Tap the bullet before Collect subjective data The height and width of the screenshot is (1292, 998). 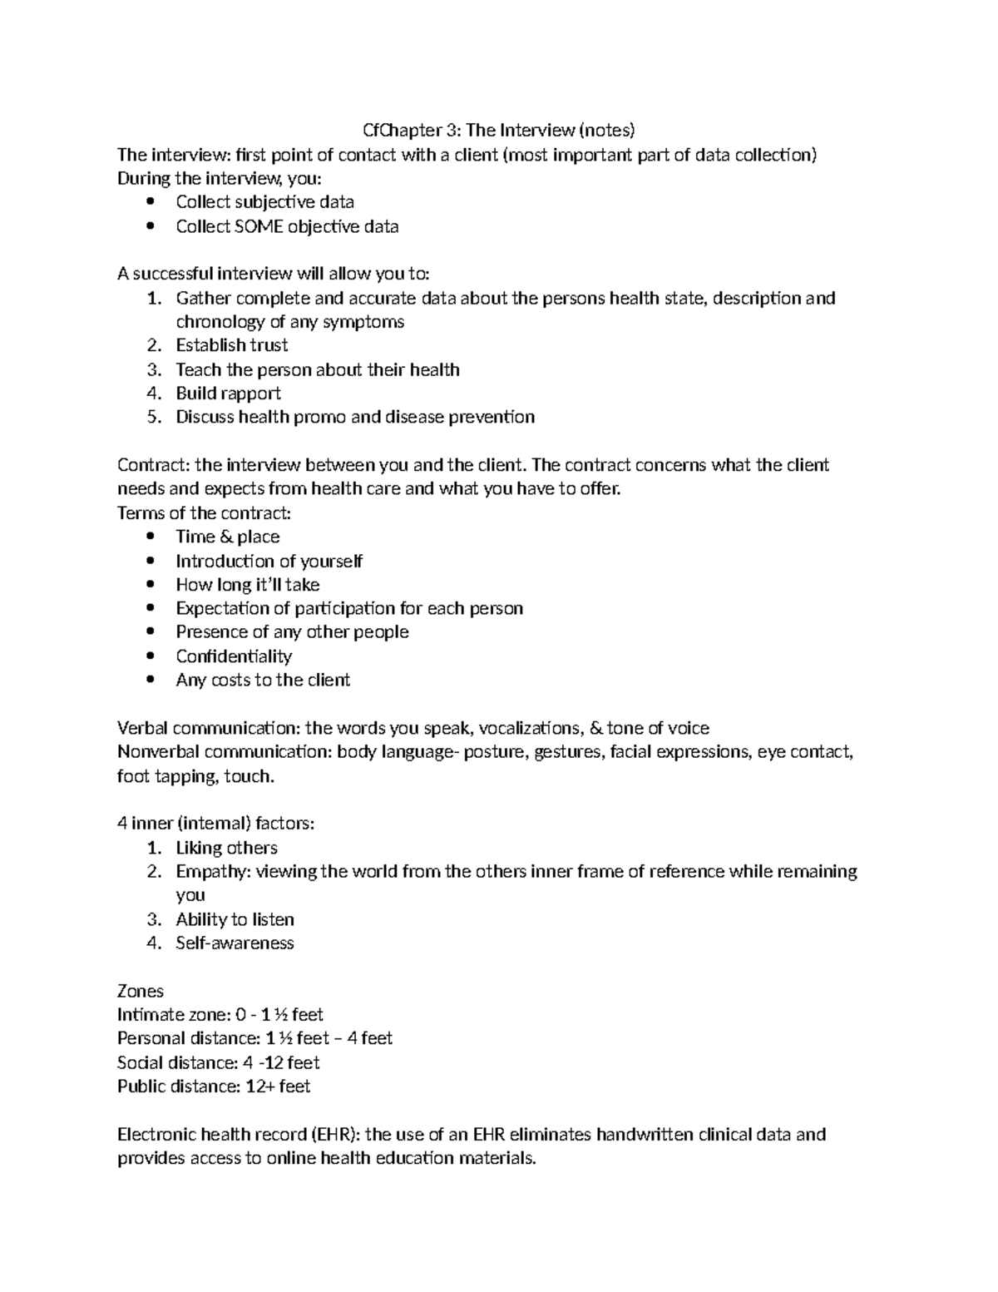click(150, 202)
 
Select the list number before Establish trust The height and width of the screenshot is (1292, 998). click(153, 345)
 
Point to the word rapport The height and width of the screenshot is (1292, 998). click(250, 394)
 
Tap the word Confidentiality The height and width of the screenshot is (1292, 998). click(234, 656)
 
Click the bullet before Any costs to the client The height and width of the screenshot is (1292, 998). click(150, 680)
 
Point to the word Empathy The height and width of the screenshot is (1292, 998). click(212, 872)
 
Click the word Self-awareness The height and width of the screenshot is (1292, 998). click(235, 943)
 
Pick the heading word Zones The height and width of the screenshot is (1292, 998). click(141, 992)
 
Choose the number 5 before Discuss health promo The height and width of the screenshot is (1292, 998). click(153, 418)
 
